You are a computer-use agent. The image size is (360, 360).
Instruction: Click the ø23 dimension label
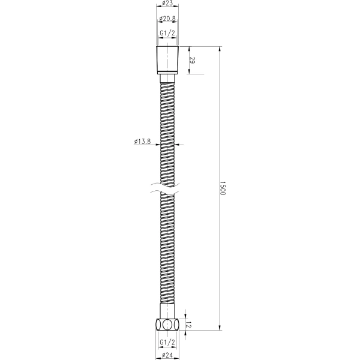pyautogui.click(x=167, y=3)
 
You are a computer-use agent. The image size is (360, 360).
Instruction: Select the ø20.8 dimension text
pyautogui.click(x=167, y=19)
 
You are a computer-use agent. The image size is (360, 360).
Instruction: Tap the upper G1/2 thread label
pyautogui.click(x=167, y=33)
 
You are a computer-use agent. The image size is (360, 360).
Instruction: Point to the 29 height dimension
pyautogui.click(x=193, y=61)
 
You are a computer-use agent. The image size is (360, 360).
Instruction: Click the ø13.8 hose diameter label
pyautogui.click(x=142, y=142)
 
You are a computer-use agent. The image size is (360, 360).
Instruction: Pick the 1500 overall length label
pyautogui.click(x=223, y=188)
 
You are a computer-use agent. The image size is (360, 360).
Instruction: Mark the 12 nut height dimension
pyautogui.click(x=189, y=325)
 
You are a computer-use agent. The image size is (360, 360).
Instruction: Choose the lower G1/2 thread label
pyautogui.click(x=167, y=343)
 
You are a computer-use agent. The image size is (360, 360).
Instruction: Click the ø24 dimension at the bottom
pyautogui.click(x=167, y=355)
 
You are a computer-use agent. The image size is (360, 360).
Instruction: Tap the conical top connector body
pyautogui.click(x=167, y=60)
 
